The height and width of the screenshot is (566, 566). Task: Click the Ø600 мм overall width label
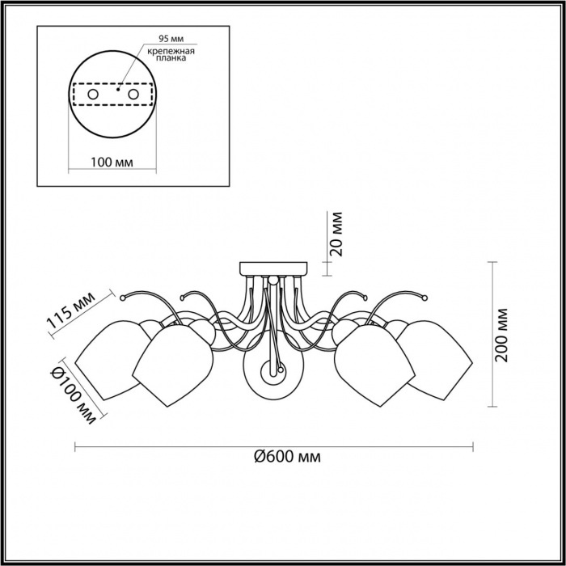(x=287, y=457)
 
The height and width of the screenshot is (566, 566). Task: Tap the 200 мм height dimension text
(x=501, y=336)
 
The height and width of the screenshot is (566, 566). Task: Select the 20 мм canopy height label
(x=336, y=234)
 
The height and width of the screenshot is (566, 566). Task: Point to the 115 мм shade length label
(x=71, y=310)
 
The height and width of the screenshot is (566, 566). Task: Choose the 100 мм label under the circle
(x=112, y=163)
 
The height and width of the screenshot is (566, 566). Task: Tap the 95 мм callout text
(x=171, y=39)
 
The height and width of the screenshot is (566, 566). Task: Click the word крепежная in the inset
(x=171, y=51)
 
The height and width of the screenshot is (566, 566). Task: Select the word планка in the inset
(x=171, y=58)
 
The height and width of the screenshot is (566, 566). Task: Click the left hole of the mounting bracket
(x=93, y=95)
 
